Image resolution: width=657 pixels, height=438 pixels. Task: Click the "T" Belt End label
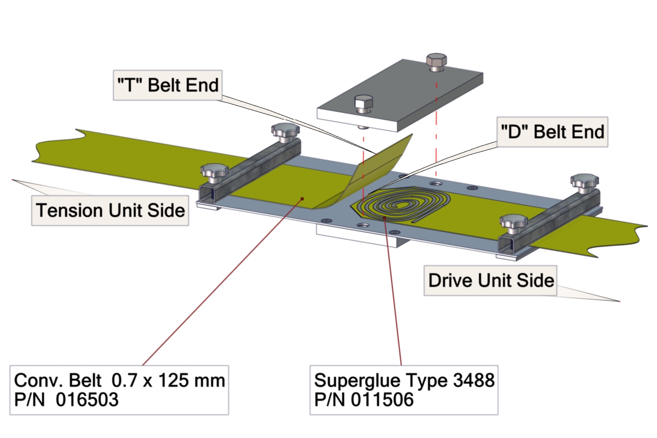(x=167, y=85)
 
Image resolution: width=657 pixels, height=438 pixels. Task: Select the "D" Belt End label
(x=552, y=132)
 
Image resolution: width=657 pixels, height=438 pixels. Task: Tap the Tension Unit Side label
(x=110, y=210)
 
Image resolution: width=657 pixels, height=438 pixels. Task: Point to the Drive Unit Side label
(x=491, y=280)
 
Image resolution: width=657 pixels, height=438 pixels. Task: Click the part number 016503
(x=87, y=400)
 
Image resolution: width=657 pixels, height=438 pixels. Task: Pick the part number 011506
(x=382, y=400)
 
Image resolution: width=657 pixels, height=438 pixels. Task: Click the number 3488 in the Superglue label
(x=474, y=381)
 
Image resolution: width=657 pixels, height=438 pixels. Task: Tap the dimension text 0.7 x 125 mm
(x=168, y=381)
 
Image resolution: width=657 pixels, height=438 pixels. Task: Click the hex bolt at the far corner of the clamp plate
(x=436, y=61)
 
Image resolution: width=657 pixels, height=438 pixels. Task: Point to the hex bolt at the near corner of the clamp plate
(x=364, y=103)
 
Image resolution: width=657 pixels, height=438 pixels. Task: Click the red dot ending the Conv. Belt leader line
(x=302, y=198)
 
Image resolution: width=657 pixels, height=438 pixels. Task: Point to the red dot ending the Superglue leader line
(x=384, y=218)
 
